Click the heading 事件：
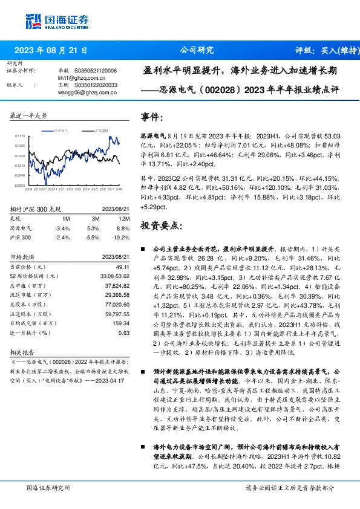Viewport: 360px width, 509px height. [x=152, y=117]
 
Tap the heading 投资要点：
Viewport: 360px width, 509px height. [x=160, y=225]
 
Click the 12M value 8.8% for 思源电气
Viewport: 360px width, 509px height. [x=123, y=229]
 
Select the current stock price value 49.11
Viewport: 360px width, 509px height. [x=123, y=267]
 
